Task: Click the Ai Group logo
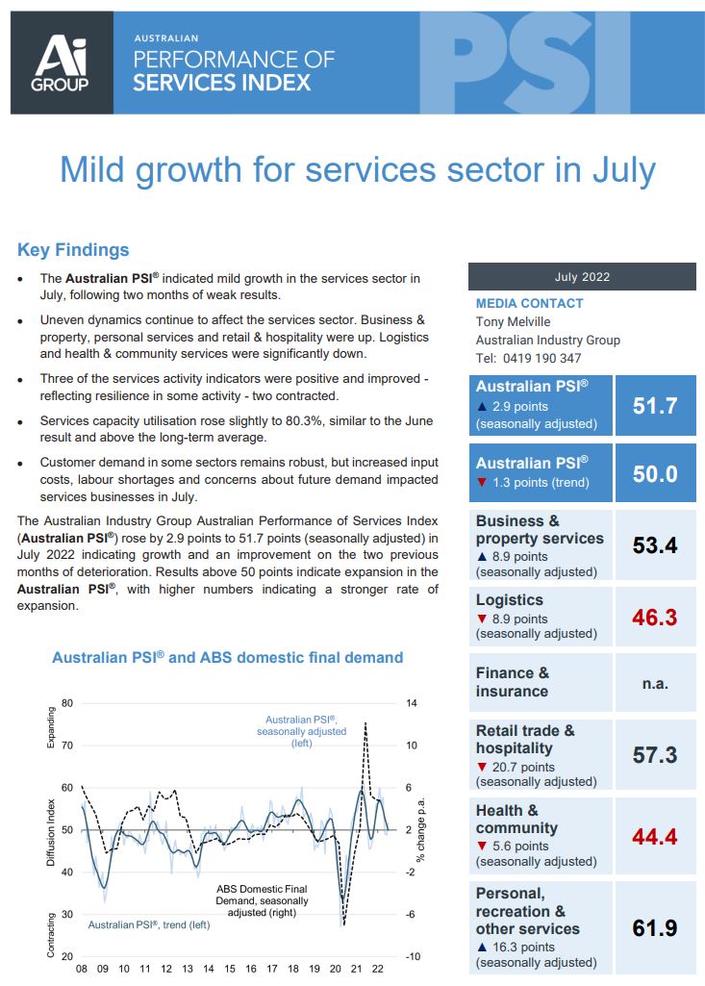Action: click(61, 63)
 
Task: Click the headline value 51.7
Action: click(654, 405)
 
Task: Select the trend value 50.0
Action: click(654, 473)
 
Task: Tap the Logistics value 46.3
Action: click(654, 617)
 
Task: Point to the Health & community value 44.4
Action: click(654, 837)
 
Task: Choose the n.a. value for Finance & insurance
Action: click(654, 683)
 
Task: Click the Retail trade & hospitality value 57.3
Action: click(654, 755)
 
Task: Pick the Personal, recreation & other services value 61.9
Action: click(654, 928)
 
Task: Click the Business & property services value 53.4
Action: click(654, 545)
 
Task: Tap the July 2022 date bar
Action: click(581, 277)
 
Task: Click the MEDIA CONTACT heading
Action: click(529, 303)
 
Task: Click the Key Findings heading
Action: click(73, 250)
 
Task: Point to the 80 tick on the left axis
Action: click(66, 703)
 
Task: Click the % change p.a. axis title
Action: click(420, 829)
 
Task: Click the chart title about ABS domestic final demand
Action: click(227, 658)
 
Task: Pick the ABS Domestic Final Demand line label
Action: click(261, 900)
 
